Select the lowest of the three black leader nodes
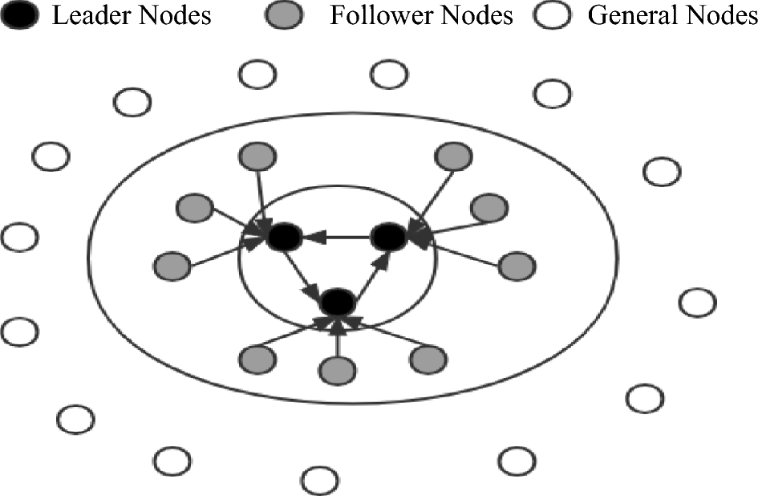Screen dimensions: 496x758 (x=337, y=303)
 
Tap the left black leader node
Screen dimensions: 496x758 (x=285, y=237)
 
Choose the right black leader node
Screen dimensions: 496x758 (x=388, y=236)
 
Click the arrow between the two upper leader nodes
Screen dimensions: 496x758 (x=336, y=237)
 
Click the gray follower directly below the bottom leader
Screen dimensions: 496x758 (x=337, y=368)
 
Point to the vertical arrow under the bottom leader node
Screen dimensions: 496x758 (x=337, y=337)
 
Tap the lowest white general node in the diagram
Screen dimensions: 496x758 (x=319, y=480)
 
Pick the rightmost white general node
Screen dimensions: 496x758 (x=697, y=303)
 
